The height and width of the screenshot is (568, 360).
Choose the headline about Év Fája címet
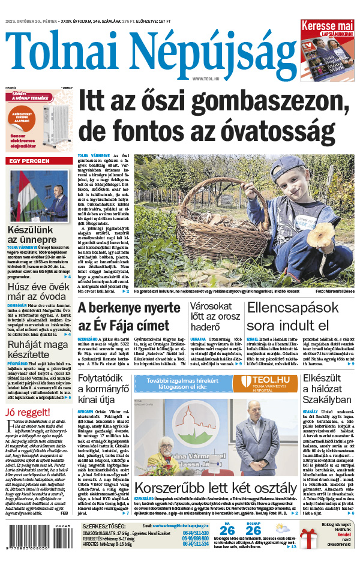point(129,317)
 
